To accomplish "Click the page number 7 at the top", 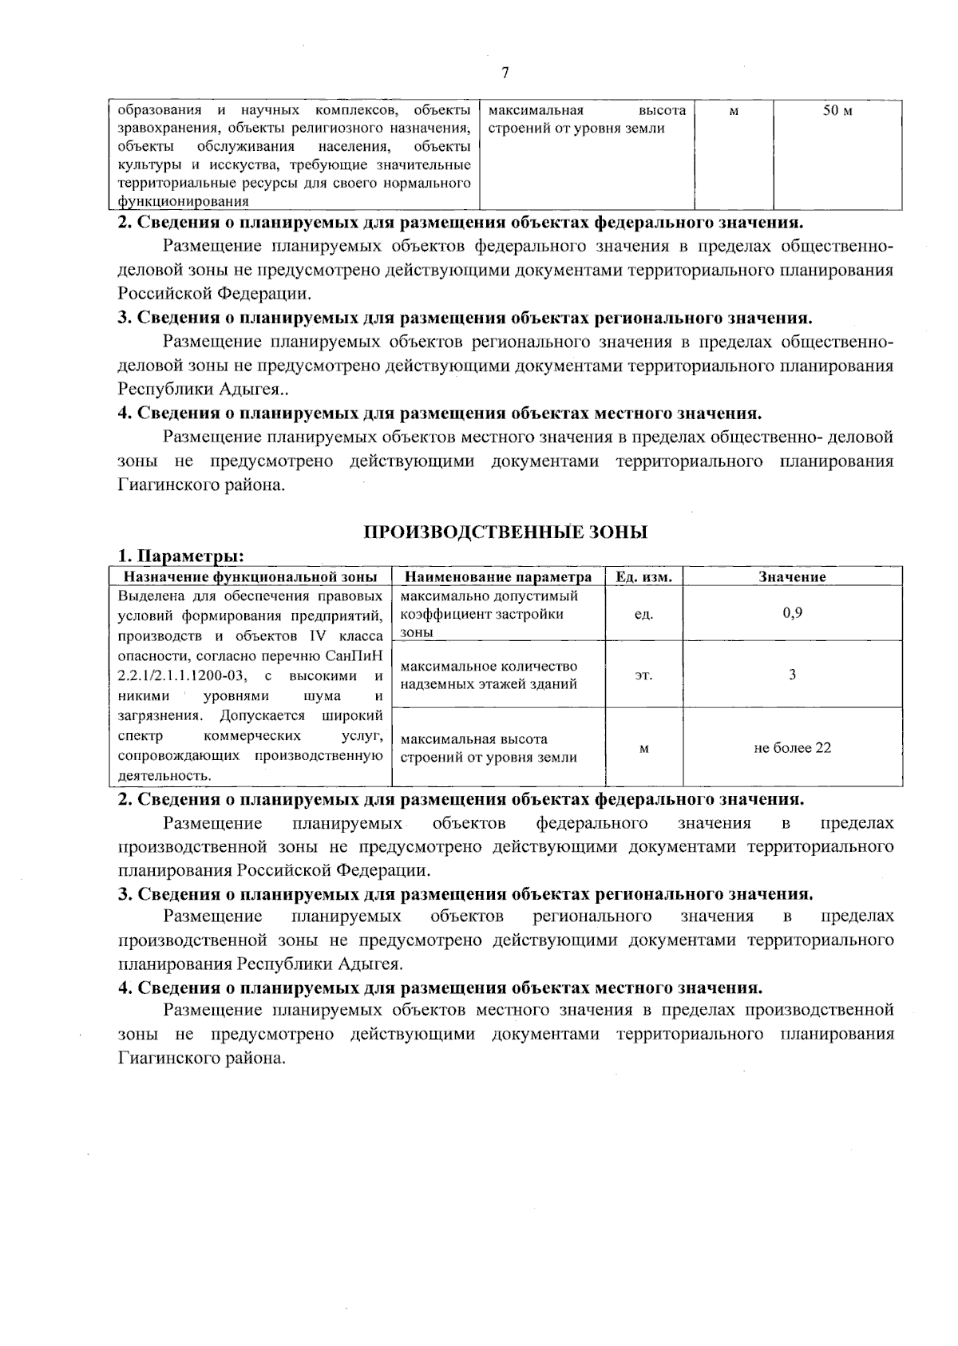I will point(505,73).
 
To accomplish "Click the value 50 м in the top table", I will point(837,111).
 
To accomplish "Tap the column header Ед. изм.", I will point(644,576).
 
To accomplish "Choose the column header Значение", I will point(792,576).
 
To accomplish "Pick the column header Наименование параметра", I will point(499,576).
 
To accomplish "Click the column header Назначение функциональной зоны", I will point(250,576).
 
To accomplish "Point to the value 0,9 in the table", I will point(792,613).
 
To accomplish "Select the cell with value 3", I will point(792,675).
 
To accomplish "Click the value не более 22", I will point(792,748).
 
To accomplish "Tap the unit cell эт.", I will point(643,675).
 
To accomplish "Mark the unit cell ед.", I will point(643,614).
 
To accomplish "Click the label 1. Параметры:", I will point(181,556).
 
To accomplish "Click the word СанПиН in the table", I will point(348,656).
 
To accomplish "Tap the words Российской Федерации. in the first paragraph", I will point(214,294).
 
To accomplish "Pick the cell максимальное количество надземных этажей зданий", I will point(489,675).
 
